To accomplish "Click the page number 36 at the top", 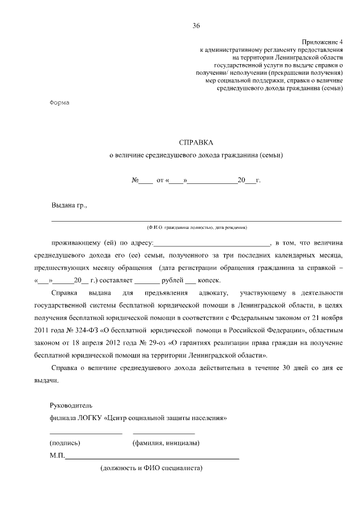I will coord(196,26).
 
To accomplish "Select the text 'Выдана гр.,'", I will coord(69,205).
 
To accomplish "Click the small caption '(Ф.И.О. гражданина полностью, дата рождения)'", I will coord(196,227).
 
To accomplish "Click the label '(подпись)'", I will coord(65,443).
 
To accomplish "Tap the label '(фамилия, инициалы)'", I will coord(165,443).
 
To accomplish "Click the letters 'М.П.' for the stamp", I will coord(57,456).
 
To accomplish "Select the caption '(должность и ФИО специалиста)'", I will coord(151,468).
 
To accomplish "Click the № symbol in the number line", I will coord(135,181).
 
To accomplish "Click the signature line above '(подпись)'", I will coord(85,434).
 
